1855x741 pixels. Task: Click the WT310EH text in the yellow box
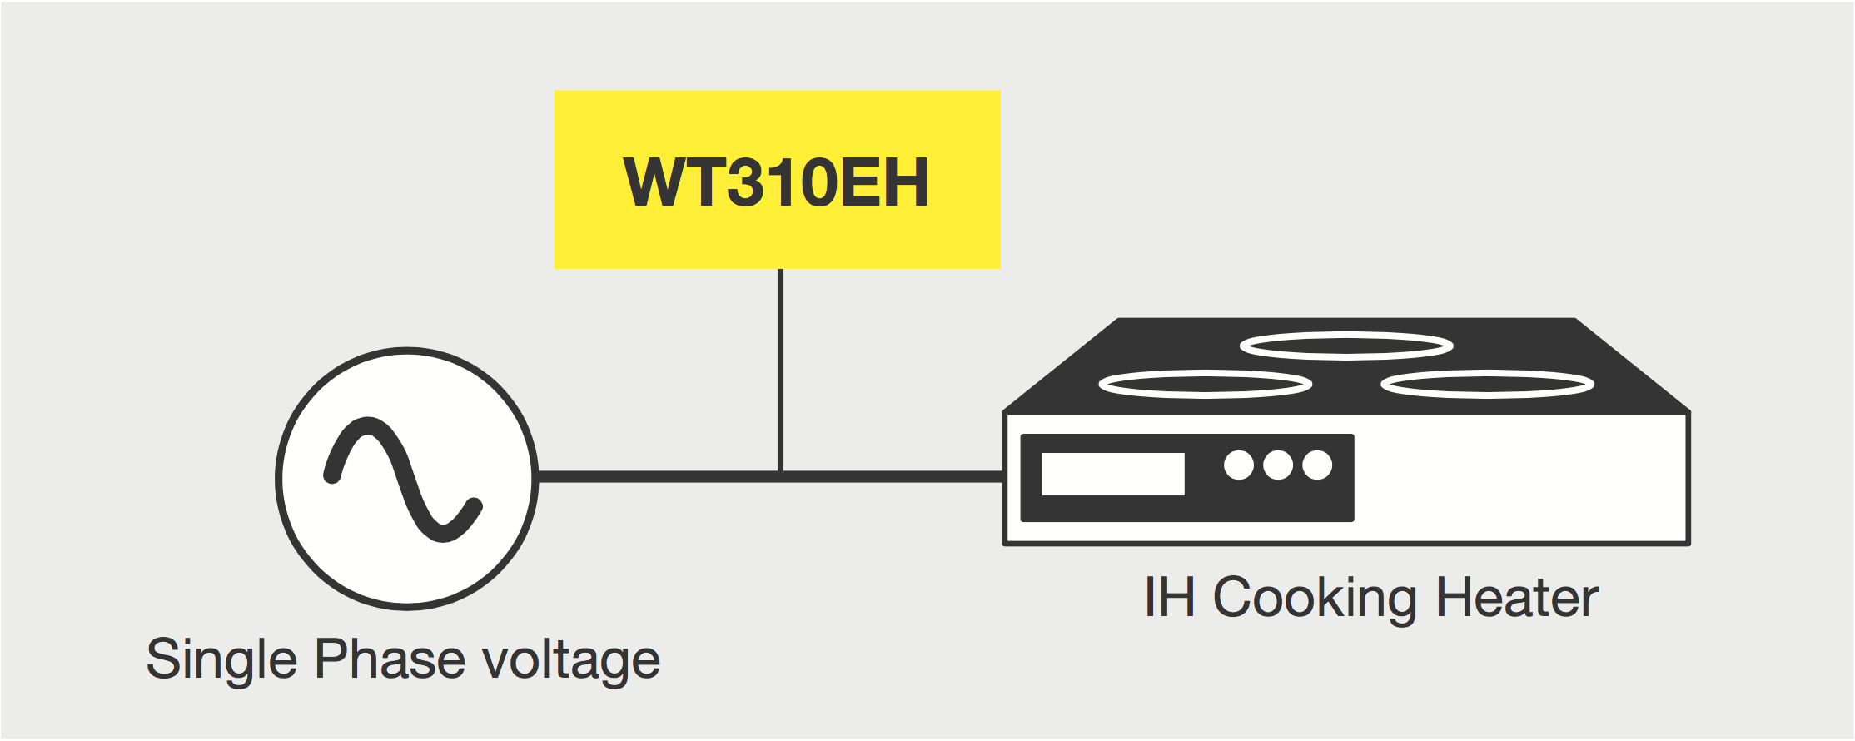(776, 182)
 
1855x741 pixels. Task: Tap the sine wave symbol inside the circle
(403, 479)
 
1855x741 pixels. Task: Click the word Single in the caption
(221, 659)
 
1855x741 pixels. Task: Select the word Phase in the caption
(390, 659)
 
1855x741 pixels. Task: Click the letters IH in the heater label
(1170, 598)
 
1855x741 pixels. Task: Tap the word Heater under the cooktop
(1517, 598)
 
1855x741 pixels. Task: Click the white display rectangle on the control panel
(1113, 474)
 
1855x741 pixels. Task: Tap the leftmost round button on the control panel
(1239, 465)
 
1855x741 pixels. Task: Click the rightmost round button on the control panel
(1317, 465)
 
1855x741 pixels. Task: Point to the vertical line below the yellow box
(780, 366)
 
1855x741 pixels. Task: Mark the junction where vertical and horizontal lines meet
(780, 476)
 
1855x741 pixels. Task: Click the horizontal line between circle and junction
(658, 476)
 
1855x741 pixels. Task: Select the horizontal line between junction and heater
(891, 476)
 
